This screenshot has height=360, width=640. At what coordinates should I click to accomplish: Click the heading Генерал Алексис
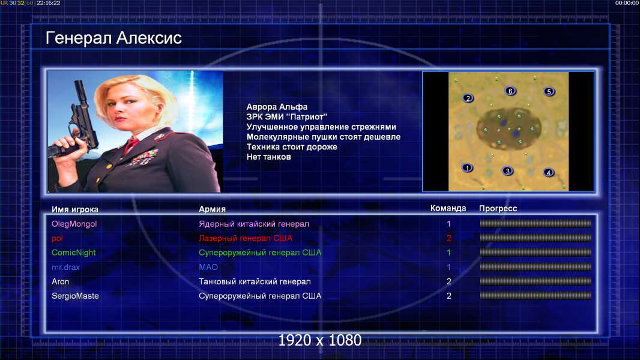pyautogui.click(x=113, y=38)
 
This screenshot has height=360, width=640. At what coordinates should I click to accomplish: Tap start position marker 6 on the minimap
pyautogui.click(x=510, y=91)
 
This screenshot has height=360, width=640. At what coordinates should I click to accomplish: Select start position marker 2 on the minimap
pyautogui.click(x=468, y=98)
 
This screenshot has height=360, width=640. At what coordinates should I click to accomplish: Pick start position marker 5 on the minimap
pyautogui.click(x=549, y=91)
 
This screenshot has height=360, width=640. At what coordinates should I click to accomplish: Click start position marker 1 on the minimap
pyautogui.click(x=467, y=167)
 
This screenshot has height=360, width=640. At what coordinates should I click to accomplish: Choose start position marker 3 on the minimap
pyautogui.click(x=507, y=171)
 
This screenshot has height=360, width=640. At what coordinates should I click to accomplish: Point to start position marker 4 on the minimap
pyautogui.click(x=549, y=172)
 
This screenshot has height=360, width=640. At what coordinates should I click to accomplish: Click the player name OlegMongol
pyautogui.click(x=74, y=224)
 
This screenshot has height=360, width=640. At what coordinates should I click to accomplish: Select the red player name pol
pyautogui.click(x=57, y=239)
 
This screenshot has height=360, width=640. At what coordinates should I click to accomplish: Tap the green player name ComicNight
pyautogui.click(x=73, y=253)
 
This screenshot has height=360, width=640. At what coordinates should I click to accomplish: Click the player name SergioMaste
pyautogui.click(x=75, y=296)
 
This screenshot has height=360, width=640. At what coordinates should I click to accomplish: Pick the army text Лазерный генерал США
pyautogui.click(x=246, y=238)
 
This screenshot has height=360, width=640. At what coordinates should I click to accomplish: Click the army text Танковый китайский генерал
pyautogui.click(x=255, y=282)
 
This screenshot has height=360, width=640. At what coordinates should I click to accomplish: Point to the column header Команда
pyautogui.click(x=448, y=208)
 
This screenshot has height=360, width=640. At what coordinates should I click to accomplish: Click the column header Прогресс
pyautogui.click(x=498, y=209)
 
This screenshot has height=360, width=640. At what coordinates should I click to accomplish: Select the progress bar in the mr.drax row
pyautogui.click(x=536, y=267)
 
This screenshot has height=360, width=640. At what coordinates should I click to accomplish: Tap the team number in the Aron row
pyautogui.click(x=449, y=282)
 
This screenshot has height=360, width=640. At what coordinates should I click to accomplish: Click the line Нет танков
pyautogui.click(x=268, y=157)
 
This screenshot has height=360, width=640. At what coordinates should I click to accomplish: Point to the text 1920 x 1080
pyautogui.click(x=320, y=340)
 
